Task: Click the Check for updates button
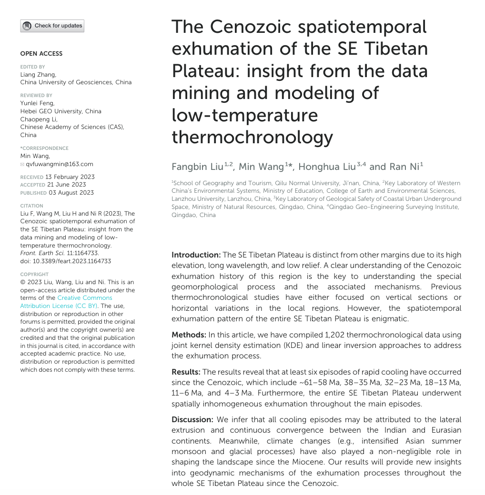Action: click(52, 26)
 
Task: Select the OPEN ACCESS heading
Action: click(41, 54)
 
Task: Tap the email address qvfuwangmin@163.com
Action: click(60, 164)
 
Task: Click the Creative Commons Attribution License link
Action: click(66, 302)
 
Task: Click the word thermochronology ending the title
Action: click(252, 137)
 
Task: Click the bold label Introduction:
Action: click(196, 255)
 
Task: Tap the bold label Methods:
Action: click(189, 335)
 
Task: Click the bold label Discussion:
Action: click(192, 419)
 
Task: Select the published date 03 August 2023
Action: click(71, 193)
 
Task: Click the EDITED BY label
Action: click(32, 67)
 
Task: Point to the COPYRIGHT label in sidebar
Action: click(34, 275)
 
